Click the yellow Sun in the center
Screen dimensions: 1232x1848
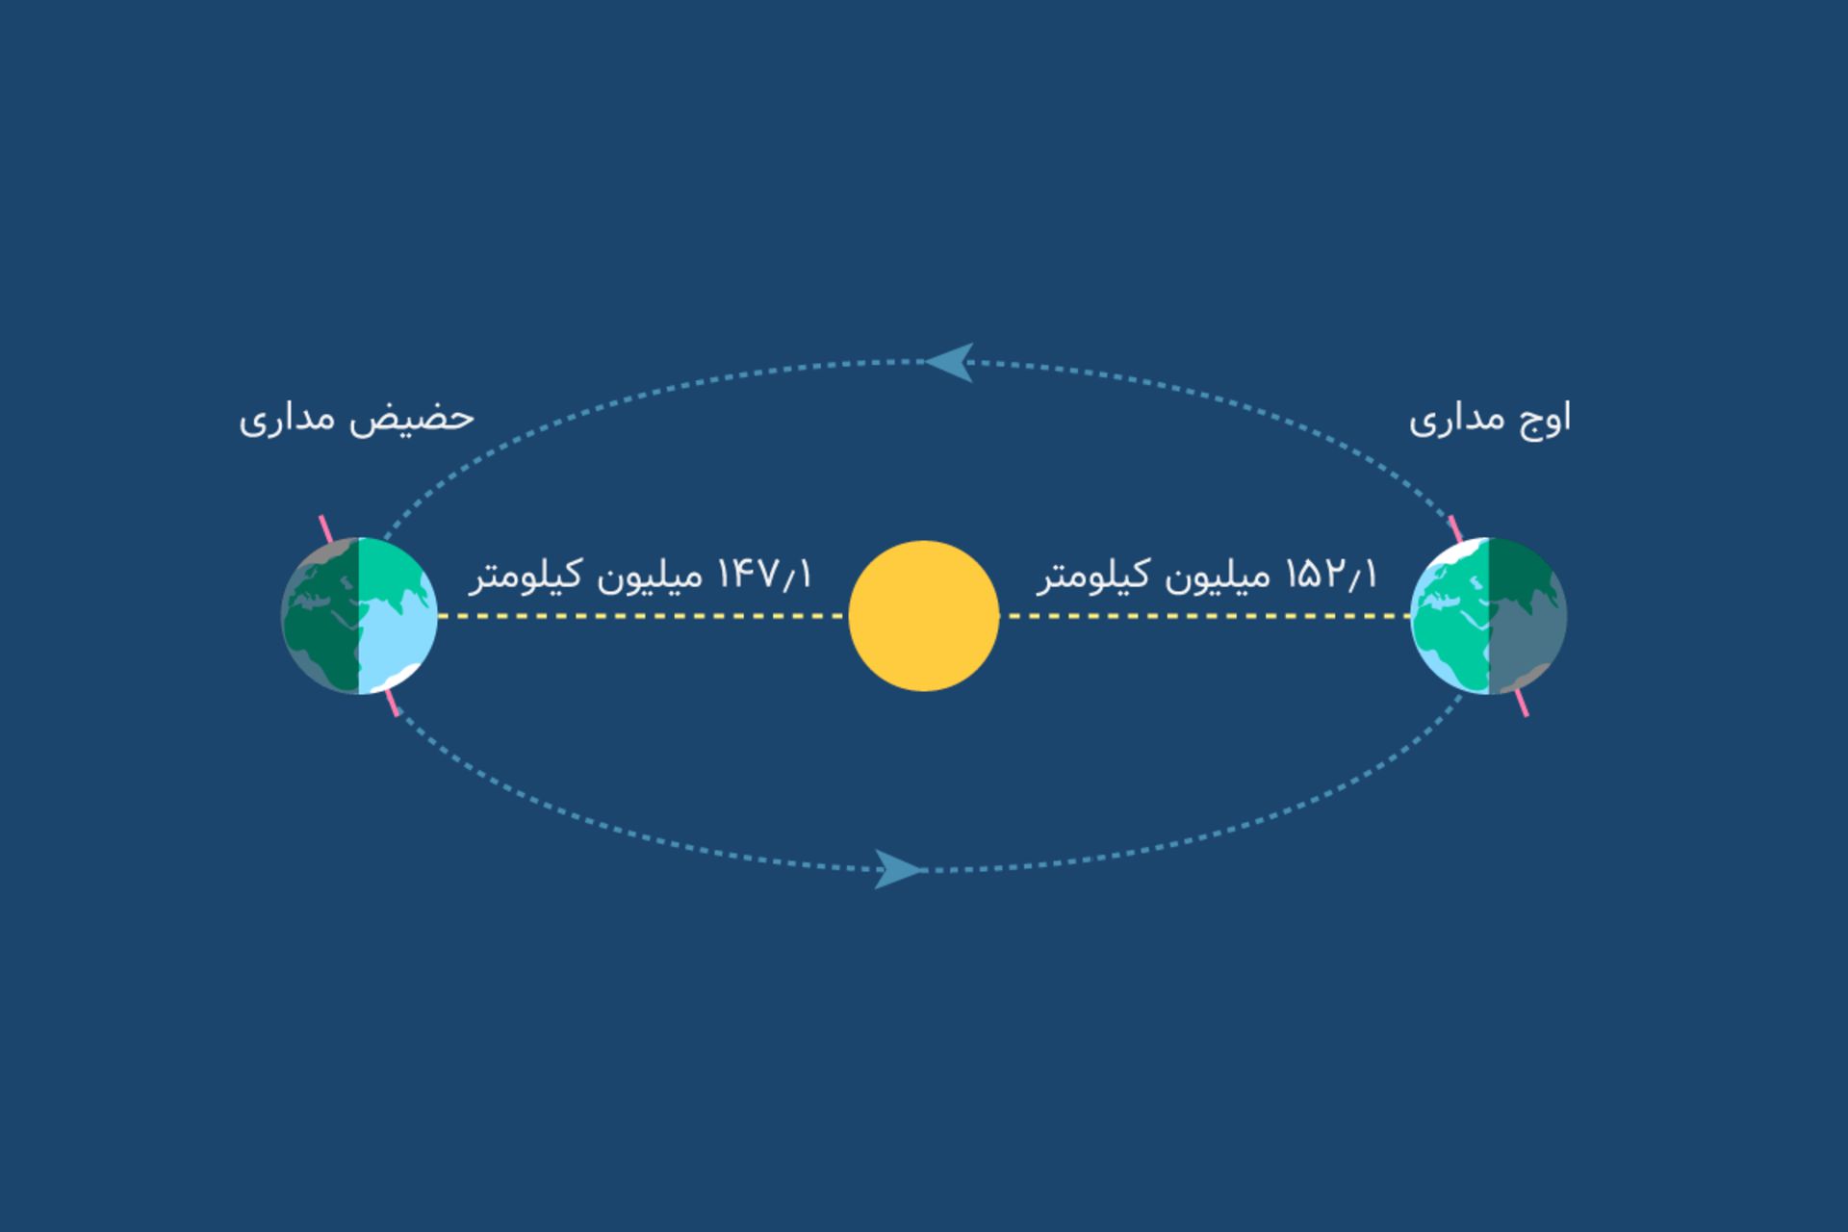pyautogui.click(x=924, y=616)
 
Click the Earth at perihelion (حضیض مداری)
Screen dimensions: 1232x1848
pyautogui.click(x=359, y=616)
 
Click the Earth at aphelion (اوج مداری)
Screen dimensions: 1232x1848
pyautogui.click(x=1489, y=616)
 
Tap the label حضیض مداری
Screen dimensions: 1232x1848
pyautogui.click(x=356, y=420)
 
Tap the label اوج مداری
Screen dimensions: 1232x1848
pyautogui.click(x=1490, y=420)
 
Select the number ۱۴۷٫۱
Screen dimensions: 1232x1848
pyautogui.click(x=765, y=576)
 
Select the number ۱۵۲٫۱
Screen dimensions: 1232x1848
pyautogui.click(x=1331, y=576)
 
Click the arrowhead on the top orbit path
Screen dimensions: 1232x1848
pyautogui.click(x=951, y=362)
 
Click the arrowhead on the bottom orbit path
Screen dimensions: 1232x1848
pyautogui.click(x=897, y=869)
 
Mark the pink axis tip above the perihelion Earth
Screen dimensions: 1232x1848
pyautogui.click(x=325, y=526)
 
